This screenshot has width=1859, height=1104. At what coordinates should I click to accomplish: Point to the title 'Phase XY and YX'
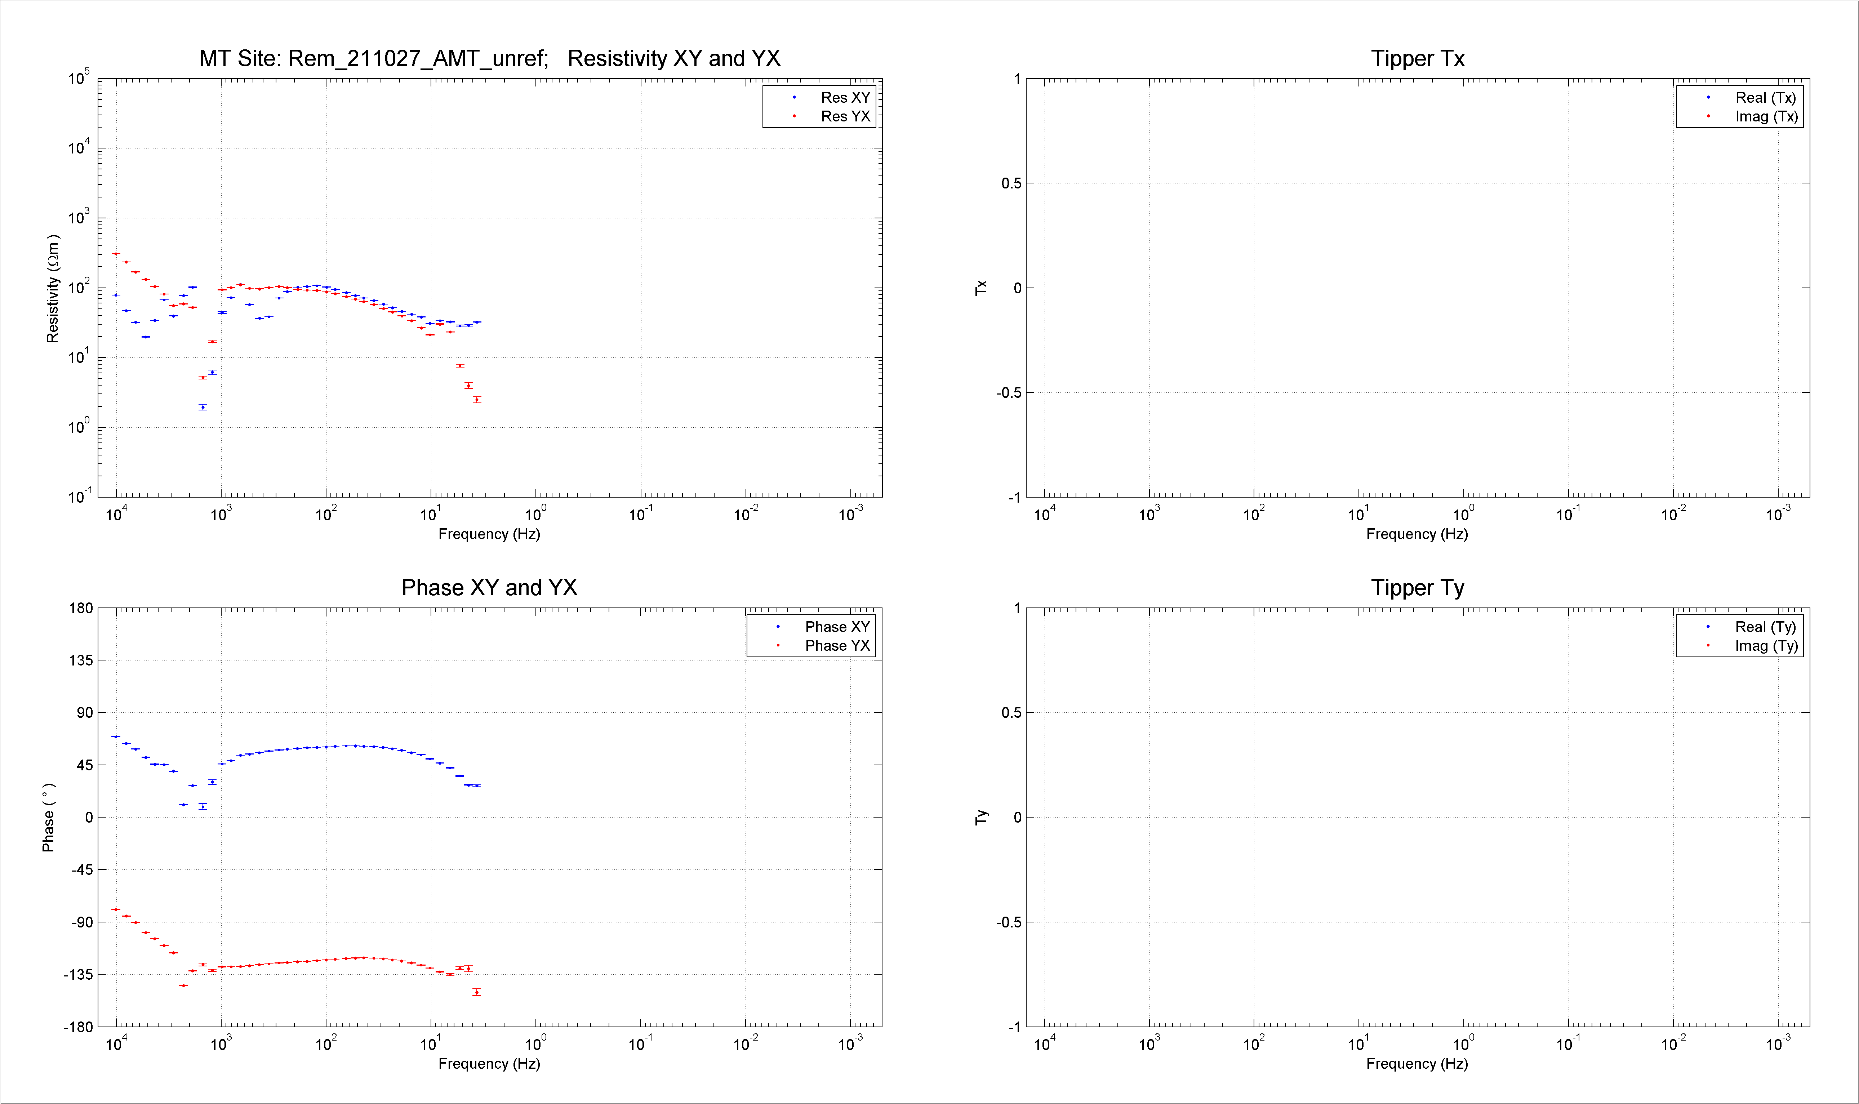point(489,588)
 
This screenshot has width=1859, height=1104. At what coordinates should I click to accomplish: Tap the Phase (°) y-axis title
point(48,817)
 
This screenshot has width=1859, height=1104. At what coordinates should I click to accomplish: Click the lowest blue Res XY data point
point(203,407)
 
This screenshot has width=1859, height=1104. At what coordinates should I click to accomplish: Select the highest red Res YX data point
point(115,254)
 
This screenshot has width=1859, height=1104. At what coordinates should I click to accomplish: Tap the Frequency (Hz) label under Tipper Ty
point(1417,1064)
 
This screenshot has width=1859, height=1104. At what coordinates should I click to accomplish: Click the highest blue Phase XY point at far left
point(115,736)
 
